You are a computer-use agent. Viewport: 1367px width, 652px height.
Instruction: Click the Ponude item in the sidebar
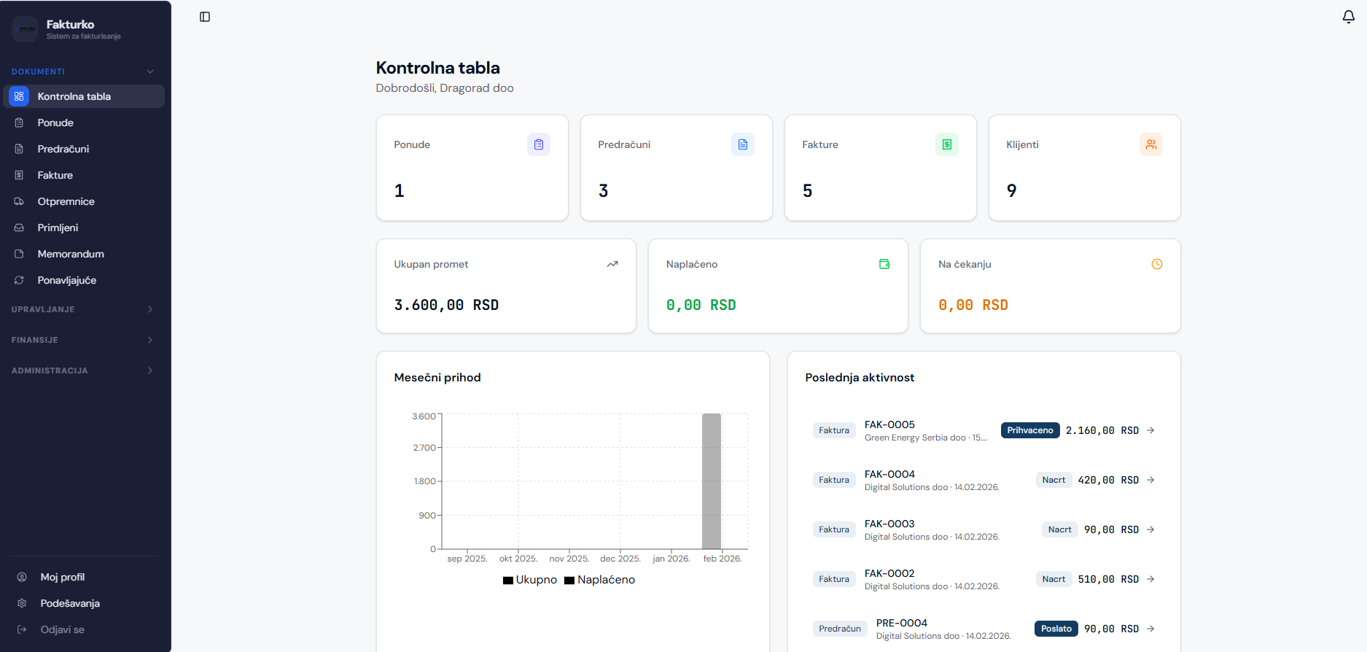tap(55, 123)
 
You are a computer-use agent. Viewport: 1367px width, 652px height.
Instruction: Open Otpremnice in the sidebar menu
tap(66, 201)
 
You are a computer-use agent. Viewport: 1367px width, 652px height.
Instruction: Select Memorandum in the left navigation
tap(71, 254)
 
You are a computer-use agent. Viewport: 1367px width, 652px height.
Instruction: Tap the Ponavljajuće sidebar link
tap(66, 280)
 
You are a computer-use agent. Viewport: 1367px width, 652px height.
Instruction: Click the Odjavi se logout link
tap(62, 629)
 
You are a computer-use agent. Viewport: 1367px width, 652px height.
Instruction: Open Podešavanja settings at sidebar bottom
tap(70, 603)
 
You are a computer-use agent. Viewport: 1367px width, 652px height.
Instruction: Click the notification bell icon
tap(1348, 17)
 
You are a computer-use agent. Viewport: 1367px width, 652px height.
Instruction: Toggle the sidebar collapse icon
tap(205, 17)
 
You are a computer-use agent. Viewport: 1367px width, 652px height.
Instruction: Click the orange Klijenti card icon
tap(1150, 144)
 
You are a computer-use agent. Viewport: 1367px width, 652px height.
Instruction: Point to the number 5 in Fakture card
tap(807, 191)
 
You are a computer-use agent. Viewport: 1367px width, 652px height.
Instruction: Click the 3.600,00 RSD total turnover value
tap(446, 305)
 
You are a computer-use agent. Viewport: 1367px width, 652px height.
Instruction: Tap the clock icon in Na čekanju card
tap(1156, 264)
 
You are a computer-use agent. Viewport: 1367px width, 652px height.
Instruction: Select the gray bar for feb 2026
tap(711, 481)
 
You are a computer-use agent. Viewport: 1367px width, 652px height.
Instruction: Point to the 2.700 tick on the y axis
tap(424, 448)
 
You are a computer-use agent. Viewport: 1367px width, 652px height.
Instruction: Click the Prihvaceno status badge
tap(1029, 430)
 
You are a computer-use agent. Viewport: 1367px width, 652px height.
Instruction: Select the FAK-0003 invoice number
tap(889, 524)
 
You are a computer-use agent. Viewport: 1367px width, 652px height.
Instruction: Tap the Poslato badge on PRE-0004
tap(1056, 629)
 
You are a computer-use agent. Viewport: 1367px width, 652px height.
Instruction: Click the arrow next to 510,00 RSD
tap(1150, 579)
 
